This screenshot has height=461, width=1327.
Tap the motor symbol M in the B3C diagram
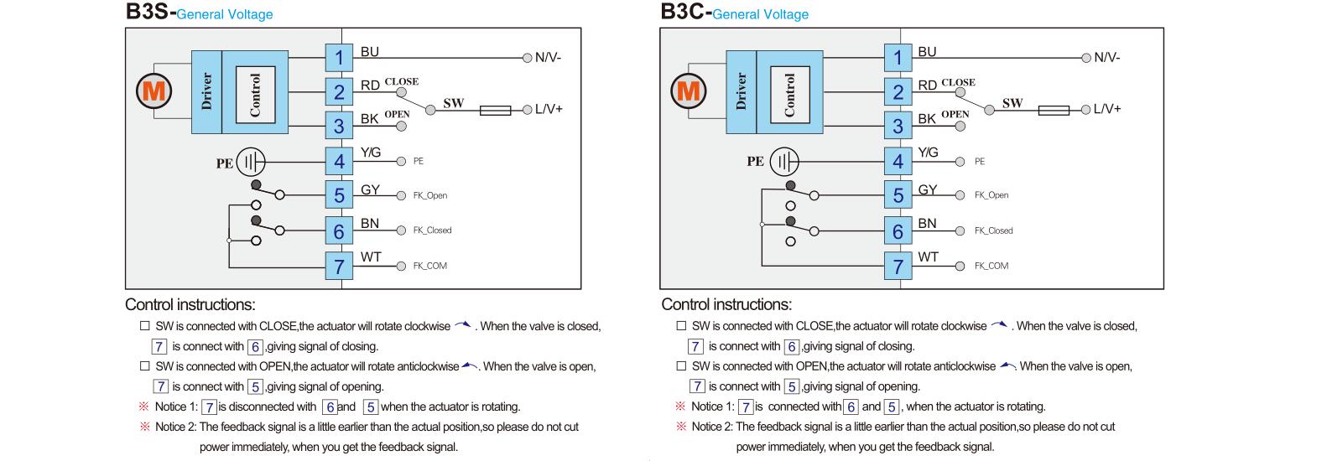[689, 90]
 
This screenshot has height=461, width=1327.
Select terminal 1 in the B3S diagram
[339, 58]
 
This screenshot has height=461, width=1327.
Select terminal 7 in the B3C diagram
[898, 267]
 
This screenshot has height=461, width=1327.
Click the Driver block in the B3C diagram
[741, 91]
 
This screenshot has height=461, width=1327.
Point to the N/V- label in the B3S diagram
[548, 58]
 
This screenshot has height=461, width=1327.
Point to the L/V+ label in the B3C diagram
[1106, 109]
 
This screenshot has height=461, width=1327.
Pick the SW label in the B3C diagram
[1012, 103]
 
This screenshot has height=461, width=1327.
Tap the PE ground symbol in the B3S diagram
[250, 162]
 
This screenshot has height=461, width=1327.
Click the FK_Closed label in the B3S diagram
[432, 230]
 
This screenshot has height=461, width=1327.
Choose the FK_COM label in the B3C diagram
[991, 266]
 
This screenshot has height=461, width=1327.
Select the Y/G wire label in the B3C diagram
[928, 153]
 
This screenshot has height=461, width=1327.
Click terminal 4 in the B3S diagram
[339, 161]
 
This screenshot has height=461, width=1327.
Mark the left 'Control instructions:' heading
[190, 304]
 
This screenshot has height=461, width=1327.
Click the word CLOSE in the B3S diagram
[401, 82]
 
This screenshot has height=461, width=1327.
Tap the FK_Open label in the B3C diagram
[991, 195]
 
